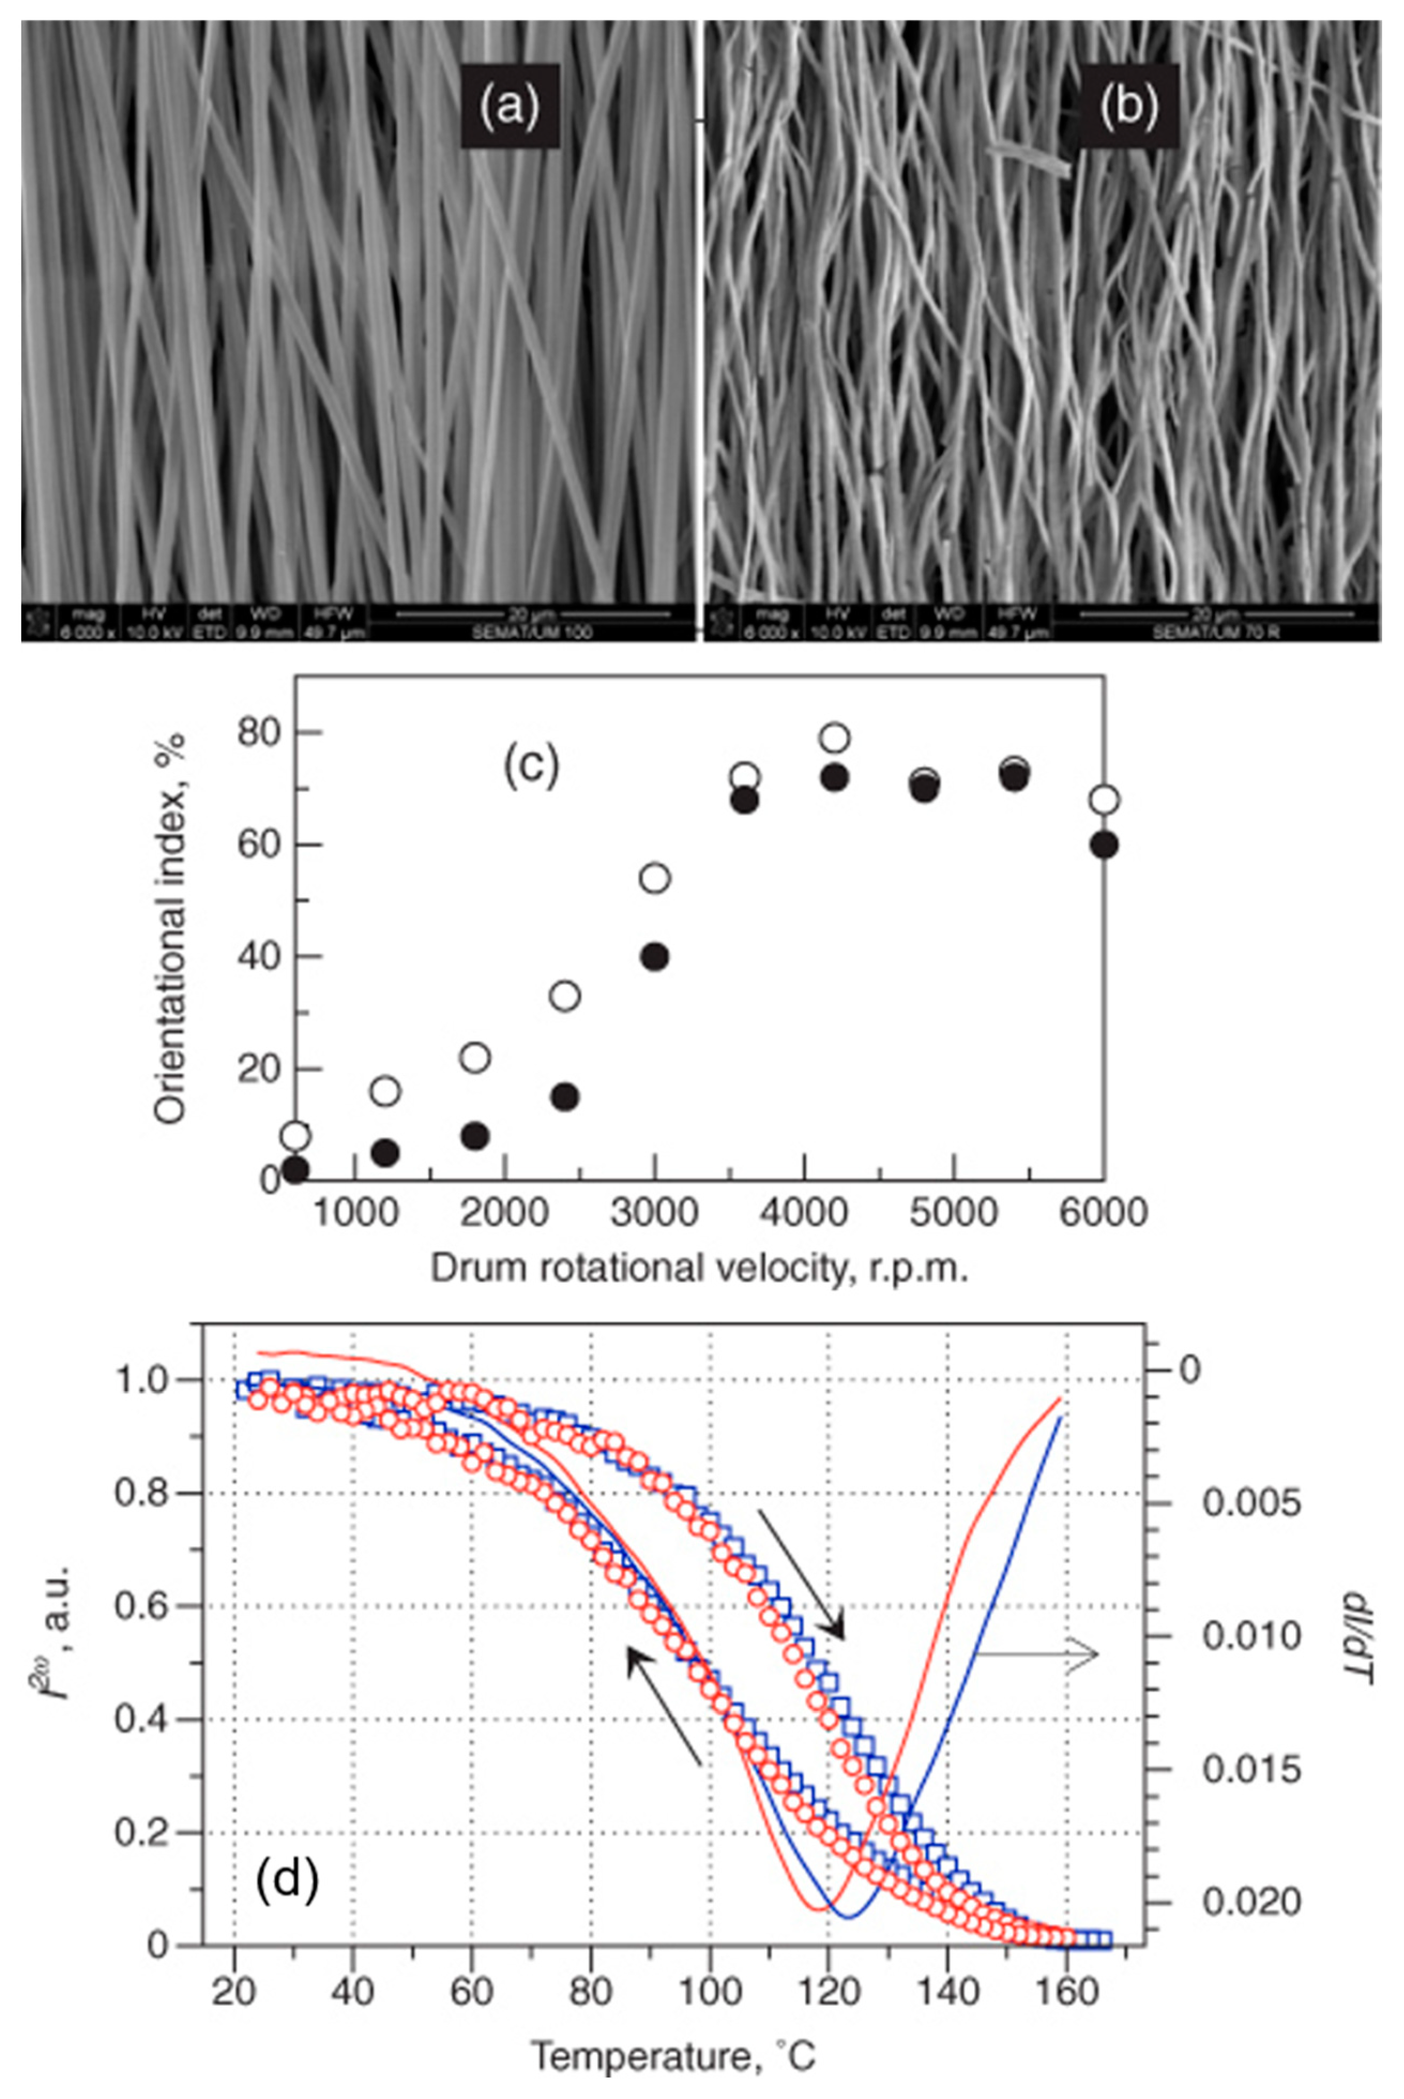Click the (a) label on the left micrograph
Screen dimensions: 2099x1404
point(510,106)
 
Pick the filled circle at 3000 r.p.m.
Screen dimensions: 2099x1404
point(656,957)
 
